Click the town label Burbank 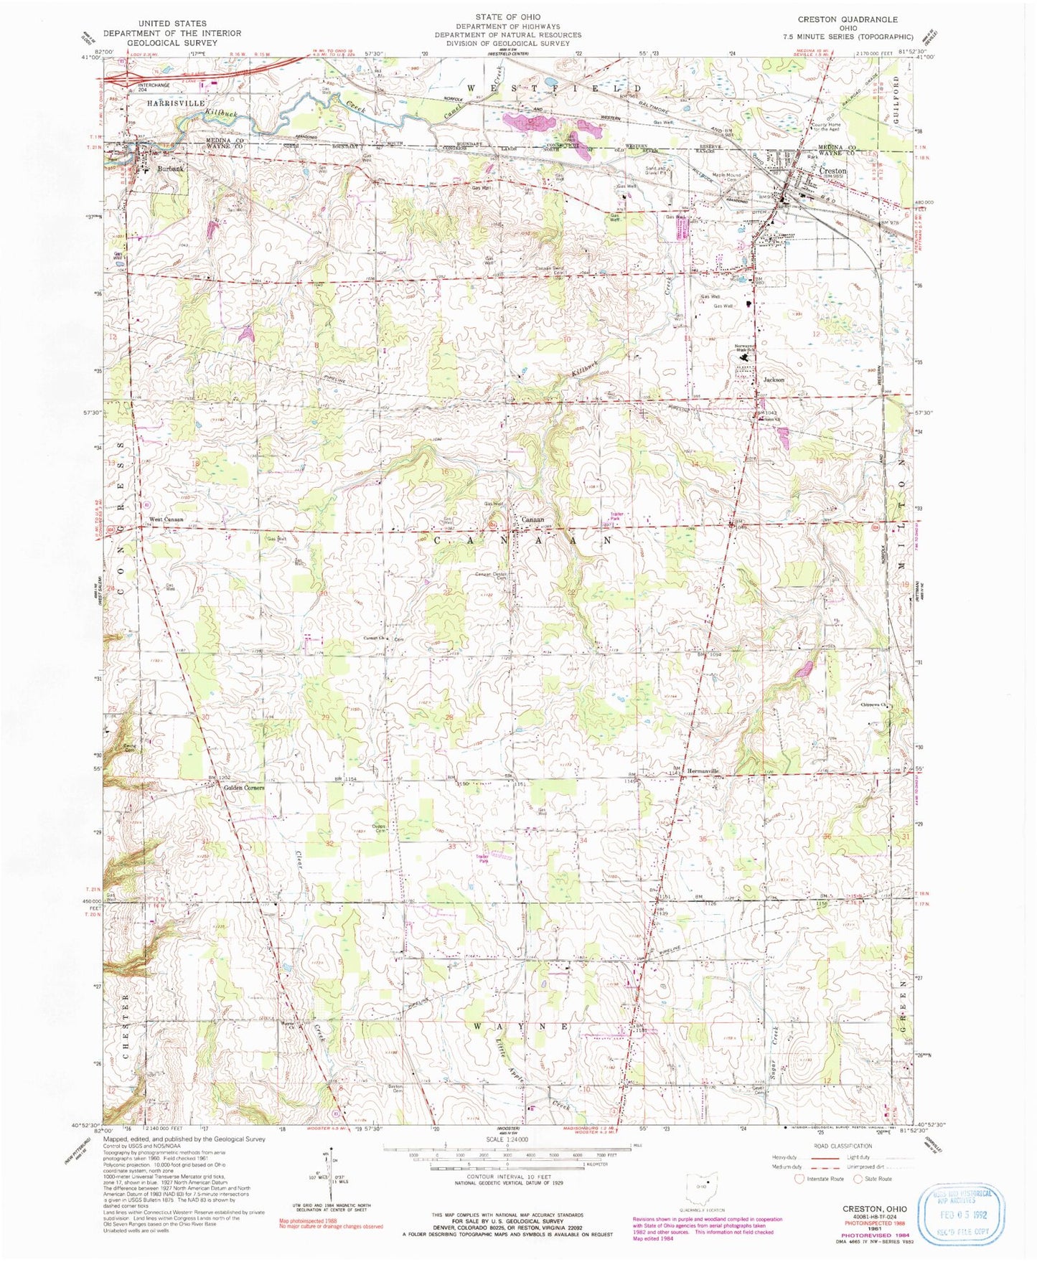(x=171, y=169)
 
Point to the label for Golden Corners (x=244, y=788)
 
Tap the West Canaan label (x=166, y=519)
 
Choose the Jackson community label (x=774, y=380)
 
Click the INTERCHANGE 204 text (x=153, y=88)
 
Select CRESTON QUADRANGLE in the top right (x=848, y=19)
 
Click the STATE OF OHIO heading (x=507, y=16)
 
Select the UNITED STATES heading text (x=172, y=23)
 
